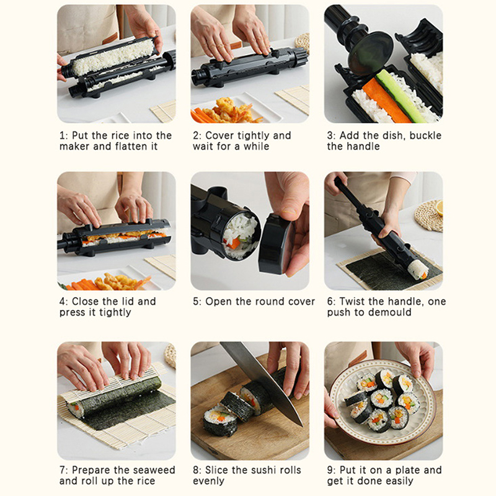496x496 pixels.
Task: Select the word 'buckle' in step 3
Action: click(425, 135)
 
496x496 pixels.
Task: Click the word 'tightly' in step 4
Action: click(115, 312)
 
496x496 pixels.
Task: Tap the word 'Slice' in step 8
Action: click(216, 470)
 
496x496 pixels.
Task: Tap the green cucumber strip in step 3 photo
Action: click(401, 96)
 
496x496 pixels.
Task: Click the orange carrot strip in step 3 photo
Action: click(386, 101)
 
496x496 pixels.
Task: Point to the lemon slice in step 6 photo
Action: click(440, 208)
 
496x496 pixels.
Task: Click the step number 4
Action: click(63, 301)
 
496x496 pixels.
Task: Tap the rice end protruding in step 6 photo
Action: click(418, 270)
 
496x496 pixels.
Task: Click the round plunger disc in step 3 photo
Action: click(370, 53)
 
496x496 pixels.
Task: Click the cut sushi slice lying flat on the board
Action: click(219, 418)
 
